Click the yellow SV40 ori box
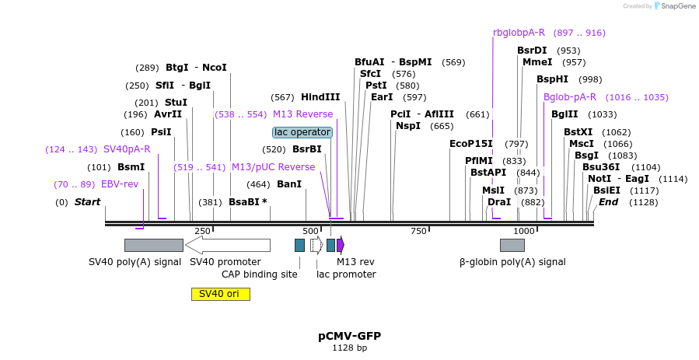pyautogui.click(x=220, y=294)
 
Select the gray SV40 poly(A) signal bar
pyautogui.click(x=153, y=245)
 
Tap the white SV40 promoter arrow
pyautogui.click(x=228, y=245)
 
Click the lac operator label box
pyautogui.click(x=302, y=132)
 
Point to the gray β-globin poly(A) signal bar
pyautogui.click(x=512, y=245)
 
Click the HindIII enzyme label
pyautogui.click(x=320, y=97)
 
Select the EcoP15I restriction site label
pyautogui.click(x=471, y=143)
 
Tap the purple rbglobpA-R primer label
pyautogui.click(x=519, y=33)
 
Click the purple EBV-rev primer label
pyautogui.click(x=119, y=184)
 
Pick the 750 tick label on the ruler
pyautogui.click(x=418, y=231)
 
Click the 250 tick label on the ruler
pyautogui.click(x=202, y=231)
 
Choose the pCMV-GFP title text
pyautogui.click(x=349, y=336)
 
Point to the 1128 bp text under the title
pyautogui.click(x=349, y=348)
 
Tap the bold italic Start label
pyautogui.click(x=88, y=202)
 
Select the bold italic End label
pyautogui.click(x=608, y=202)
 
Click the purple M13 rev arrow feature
pyautogui.click(x=341, y=245)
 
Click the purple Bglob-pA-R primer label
pyautogui.click(x=569, y=97)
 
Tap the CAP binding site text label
pyautogui.click(x=259, y=274)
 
